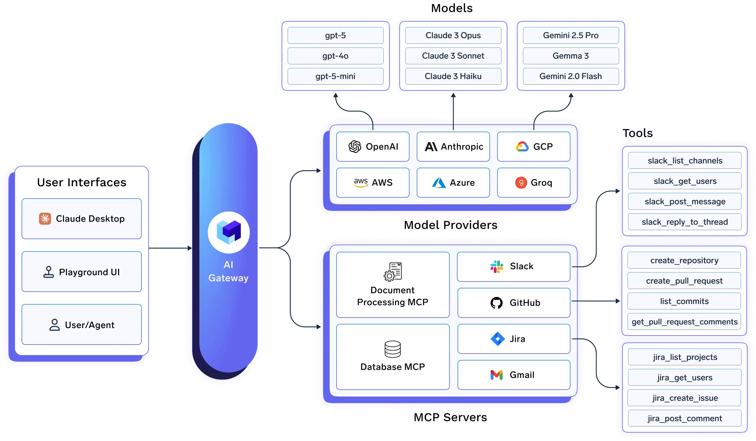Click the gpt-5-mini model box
[335, 76]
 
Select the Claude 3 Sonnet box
[453, 56]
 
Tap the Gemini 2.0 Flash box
[570, 76]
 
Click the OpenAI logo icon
[355, 147]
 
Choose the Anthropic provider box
[453, 147]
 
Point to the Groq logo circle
[521, 183]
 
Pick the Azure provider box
[453, 183]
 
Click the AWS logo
[361, 182]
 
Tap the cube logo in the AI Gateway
[229, 232]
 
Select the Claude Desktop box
[82, 219]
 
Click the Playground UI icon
[49, 272]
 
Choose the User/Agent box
[82, 325]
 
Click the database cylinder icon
[392, 349]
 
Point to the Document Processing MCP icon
[392, 272]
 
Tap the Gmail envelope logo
[496, 375]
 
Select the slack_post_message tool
[685, 202]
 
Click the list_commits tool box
[684, 301]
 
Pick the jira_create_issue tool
[685, 398]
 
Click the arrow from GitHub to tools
[596, 301]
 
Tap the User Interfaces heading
[82, 182]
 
